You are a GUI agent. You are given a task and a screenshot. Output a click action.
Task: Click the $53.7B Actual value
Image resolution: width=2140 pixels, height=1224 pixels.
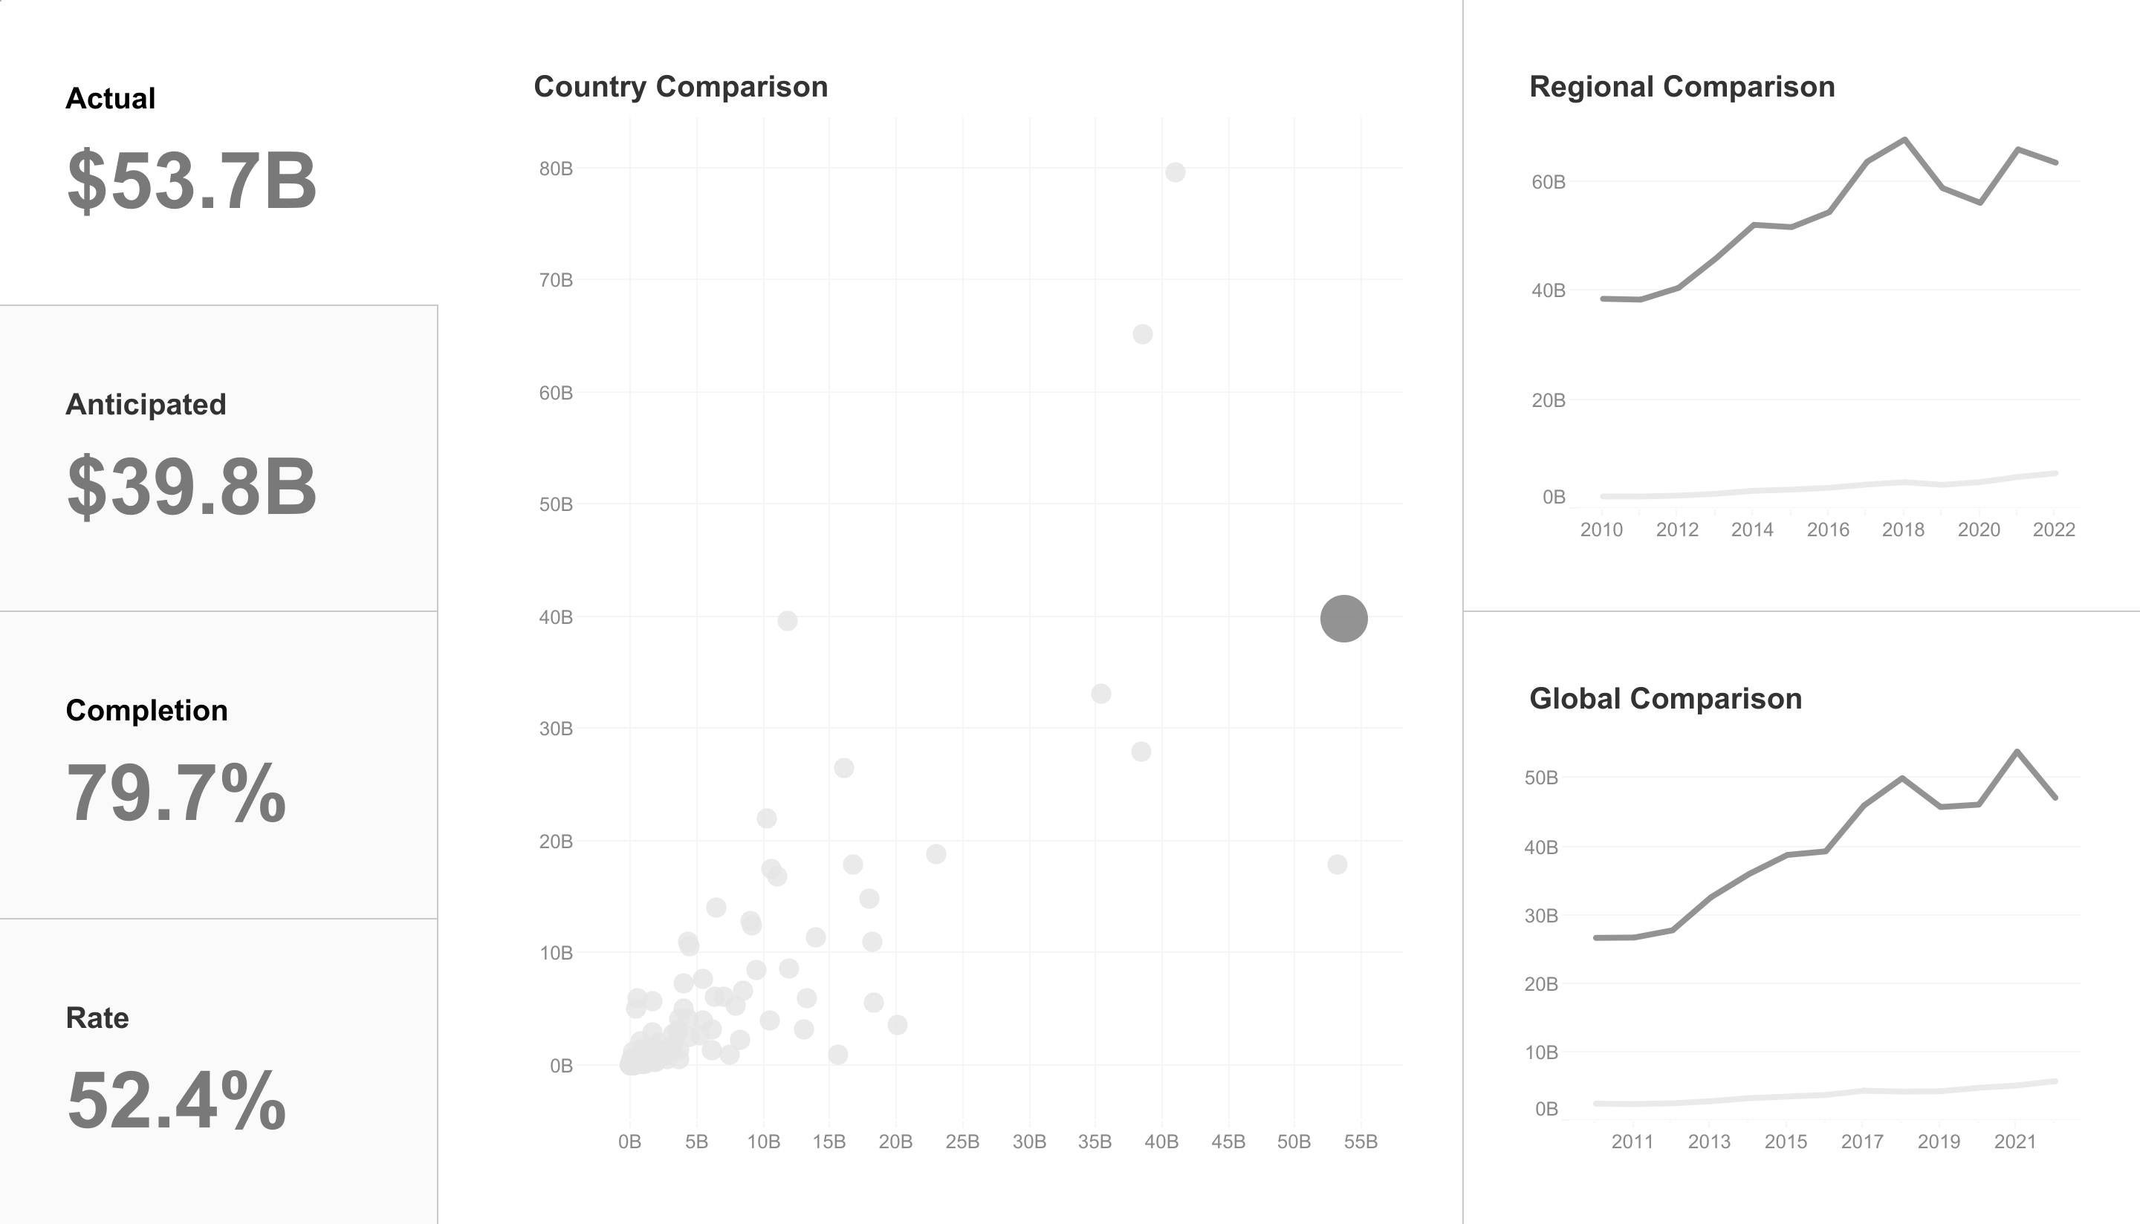(x=192, y=180)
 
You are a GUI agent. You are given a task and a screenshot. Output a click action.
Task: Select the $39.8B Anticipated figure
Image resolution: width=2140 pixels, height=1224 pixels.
(x=192, y=486)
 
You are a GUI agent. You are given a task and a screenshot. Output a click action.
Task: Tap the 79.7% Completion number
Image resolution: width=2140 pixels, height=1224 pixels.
(x=177, y=792)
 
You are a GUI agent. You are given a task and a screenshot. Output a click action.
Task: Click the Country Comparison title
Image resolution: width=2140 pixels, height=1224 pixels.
(x=680, y=87)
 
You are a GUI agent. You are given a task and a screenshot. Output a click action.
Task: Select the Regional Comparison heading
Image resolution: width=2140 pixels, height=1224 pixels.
(x=1682, y=87)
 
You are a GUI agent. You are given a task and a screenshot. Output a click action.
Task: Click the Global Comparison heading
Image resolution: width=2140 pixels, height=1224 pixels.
(x=1665, y=699)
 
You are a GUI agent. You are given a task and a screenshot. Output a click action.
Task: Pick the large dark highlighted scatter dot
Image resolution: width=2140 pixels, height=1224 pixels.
(x=1343, y=619)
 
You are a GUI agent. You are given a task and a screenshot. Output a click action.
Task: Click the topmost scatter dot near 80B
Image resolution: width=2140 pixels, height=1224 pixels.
(x=1176, y=172)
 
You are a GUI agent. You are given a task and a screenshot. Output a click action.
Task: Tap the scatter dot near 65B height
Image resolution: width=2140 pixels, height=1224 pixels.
(x=1142, y=334)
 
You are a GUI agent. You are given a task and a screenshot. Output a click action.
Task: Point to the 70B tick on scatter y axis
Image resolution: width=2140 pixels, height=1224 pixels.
(x=556, y=280)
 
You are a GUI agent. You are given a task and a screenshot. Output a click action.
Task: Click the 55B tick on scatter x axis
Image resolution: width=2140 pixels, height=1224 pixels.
(x=1361, y=1142)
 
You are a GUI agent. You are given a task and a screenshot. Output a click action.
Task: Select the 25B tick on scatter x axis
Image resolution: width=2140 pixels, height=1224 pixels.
(x=962, y=1142)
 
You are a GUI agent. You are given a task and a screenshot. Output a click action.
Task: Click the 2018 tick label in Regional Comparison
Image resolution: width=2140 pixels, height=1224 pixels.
(x=1903, y=530)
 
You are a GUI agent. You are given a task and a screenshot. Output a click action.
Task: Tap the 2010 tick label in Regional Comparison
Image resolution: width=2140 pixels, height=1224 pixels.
(x=1601, y=530)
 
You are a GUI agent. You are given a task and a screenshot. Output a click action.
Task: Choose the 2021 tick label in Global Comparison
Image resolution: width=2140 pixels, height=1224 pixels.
(x=2014, y=1142)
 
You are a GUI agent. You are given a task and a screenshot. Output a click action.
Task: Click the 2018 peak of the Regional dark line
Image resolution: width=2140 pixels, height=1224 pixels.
(x=1904, y=140)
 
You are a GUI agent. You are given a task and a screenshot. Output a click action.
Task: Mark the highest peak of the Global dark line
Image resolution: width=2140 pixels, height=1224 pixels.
(x=2017, y=752)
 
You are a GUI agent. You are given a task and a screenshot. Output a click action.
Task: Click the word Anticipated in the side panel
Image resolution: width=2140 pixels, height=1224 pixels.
(x=146, y=404)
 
